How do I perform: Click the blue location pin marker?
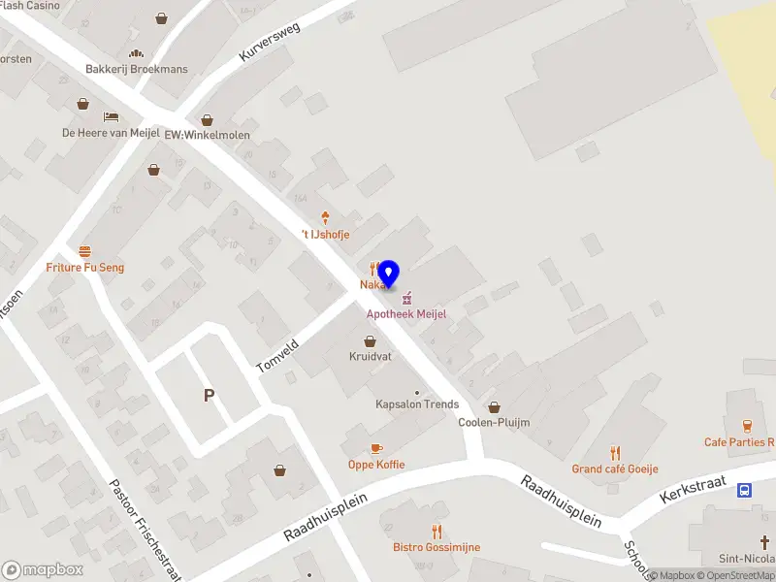tap(389, 275)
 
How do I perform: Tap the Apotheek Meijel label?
tap(406, 314)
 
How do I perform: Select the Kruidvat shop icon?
tap(370, 340)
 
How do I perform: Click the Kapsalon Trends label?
tap(417, 404)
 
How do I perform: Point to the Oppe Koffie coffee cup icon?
tap(376, 448)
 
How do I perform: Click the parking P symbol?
tap(208, 395)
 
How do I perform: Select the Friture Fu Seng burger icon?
tap(85, 250)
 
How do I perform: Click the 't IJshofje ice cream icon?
tap(324, 218)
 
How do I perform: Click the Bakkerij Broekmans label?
tap(137, 69)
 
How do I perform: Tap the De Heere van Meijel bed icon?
tap(111, 116)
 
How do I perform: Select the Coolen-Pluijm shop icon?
tap(495, 406)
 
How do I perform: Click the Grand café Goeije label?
tap(614, 469)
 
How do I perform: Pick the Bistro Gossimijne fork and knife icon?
tap(436, 531)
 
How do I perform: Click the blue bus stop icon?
tap(744, 490)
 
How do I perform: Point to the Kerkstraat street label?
tap(693, 489)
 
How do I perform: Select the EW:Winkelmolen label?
tap(207, 134)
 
